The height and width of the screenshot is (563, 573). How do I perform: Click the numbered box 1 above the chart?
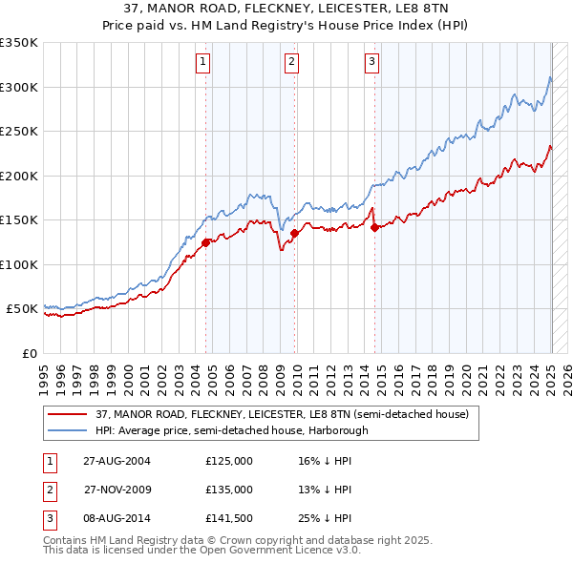pos(204,63)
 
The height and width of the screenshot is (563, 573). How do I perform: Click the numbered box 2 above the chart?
pos(290,63)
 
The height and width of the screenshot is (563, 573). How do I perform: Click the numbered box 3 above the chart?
pos(371,63)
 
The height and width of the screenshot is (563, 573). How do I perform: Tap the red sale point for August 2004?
pos(206,242)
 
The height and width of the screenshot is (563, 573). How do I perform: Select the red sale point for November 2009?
pos(294,233)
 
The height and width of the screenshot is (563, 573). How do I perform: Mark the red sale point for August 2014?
pos(374,227)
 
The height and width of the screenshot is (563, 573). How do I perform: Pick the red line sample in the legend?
pos(67,415)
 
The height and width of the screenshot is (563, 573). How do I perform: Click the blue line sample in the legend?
pos(67,430)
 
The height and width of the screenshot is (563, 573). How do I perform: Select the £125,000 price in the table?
pos(229,460)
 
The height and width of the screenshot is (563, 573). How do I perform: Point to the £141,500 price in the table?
pos(229,519)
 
